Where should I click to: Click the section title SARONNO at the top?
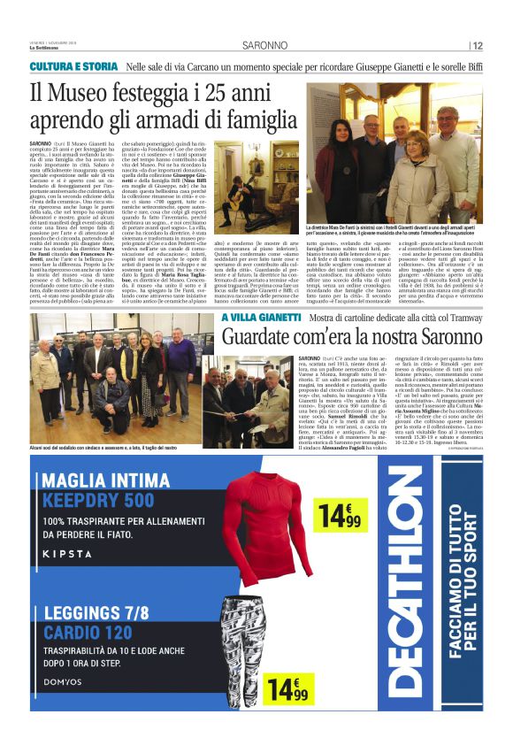(264, 46)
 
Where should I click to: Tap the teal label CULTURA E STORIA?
(73, 67)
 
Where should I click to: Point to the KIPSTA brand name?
(65, 554)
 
